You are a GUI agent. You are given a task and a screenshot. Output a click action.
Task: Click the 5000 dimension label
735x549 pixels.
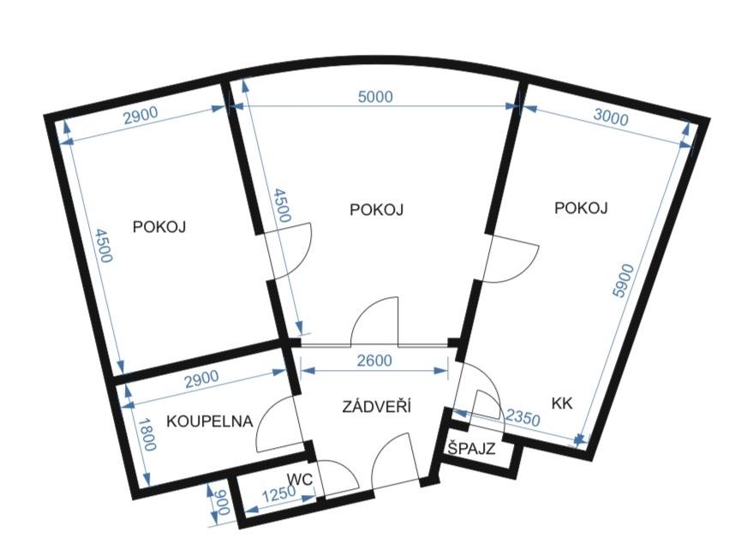[375, 97]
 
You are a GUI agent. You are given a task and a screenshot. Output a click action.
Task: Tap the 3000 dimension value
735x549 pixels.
[611, 117]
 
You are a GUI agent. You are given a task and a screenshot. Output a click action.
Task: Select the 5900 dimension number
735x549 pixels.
[624, 281]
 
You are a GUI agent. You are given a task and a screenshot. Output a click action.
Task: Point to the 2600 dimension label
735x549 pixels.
[374, 361]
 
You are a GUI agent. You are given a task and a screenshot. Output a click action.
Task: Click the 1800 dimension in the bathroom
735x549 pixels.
[147, 434]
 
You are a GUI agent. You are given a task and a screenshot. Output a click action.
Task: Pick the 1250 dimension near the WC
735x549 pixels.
[278, 495]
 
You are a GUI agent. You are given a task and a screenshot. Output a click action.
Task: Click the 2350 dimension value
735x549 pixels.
[523, 416]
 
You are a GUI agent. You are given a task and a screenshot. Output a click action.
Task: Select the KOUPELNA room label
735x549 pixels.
[210, 421]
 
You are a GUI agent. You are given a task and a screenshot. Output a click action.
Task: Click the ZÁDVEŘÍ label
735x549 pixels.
[376, 406]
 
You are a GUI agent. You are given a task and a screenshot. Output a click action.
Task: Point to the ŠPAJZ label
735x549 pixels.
[471, 448]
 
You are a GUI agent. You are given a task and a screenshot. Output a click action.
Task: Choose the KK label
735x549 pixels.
[562, 403]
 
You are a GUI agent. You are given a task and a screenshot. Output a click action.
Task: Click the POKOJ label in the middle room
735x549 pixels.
[376, 210]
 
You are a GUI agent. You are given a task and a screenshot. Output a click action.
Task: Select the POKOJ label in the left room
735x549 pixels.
[159, 227]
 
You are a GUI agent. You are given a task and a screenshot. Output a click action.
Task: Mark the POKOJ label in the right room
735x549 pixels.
[581, 207]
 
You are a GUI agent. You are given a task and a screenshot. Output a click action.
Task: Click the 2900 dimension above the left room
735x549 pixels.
[140, 116]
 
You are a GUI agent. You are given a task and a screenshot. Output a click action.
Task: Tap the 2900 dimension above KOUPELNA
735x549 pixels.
[201, 379]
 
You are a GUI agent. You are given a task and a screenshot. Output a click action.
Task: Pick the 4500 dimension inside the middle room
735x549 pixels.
[283, 206]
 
